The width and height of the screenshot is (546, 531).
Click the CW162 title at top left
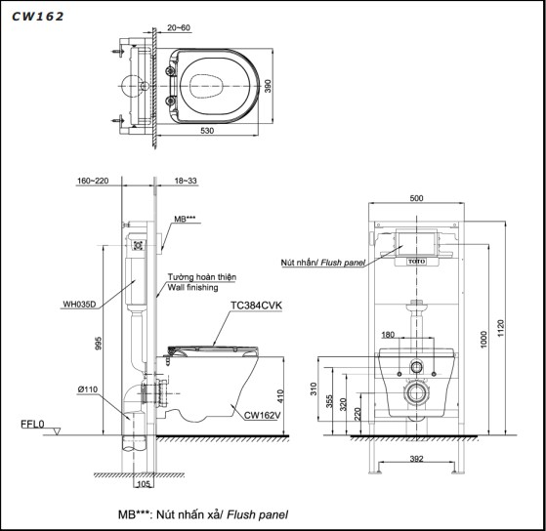point(38,17)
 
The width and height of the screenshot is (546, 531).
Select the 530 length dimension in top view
point(208,130)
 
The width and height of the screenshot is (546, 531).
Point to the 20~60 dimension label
point(179,30)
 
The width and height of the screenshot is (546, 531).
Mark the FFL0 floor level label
point(33,425)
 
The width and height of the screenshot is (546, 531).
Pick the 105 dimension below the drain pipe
point(143,483)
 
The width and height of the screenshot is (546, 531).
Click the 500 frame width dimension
point(417,198)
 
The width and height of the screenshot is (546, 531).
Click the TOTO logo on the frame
point(416,263)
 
